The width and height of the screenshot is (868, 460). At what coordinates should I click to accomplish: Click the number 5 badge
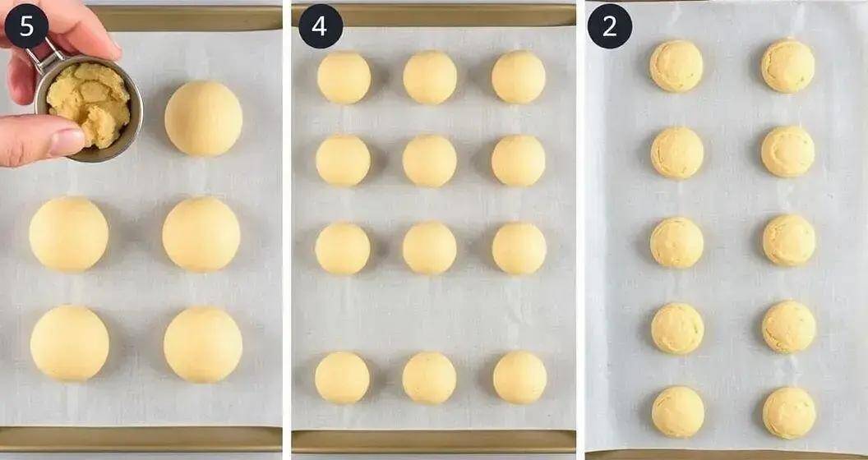26,26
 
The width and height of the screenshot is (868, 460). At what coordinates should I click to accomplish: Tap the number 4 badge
320,26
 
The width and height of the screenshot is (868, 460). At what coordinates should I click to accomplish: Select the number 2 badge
609,26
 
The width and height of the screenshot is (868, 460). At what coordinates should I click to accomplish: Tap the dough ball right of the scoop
203,118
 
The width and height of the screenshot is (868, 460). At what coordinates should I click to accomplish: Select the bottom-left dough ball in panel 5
70,343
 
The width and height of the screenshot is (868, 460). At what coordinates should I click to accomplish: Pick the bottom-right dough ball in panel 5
203,344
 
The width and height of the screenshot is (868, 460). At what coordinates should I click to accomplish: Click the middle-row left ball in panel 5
69,234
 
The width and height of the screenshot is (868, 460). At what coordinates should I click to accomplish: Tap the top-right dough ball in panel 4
518,77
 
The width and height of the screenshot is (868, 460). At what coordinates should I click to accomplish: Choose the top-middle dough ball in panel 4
430,77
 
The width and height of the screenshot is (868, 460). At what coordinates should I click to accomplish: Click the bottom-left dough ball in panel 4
342,377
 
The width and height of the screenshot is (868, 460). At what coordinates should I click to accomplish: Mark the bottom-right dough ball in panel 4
519,377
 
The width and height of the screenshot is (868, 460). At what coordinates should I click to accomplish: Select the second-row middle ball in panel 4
429,160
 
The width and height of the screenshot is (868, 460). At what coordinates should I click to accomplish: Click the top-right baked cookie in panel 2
787,66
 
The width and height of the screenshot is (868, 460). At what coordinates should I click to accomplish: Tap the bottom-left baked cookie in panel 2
678,412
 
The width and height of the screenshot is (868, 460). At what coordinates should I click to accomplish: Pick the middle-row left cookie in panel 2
677,242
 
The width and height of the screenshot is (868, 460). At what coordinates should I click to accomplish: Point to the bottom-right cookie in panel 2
789,412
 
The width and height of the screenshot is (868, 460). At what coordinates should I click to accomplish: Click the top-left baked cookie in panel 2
676,66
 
